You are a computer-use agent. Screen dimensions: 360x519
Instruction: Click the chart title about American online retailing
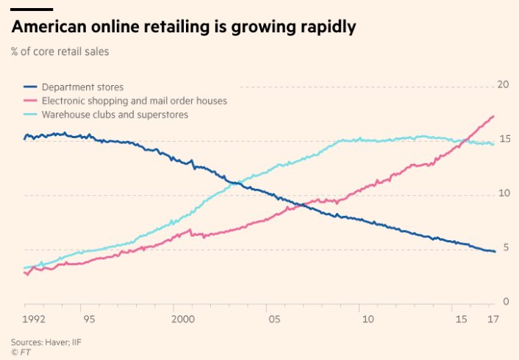[x=184, y=28]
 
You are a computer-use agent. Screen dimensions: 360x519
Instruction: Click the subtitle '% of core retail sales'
[x=60, y=51]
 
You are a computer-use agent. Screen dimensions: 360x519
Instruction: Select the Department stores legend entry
[x=82, y=87]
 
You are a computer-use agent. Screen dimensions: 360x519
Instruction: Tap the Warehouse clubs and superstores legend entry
[x=115, y=115]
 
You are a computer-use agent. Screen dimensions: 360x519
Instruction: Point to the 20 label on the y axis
[x=503, y=84]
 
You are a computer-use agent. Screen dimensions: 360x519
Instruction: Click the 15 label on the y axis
[x=503, y=139]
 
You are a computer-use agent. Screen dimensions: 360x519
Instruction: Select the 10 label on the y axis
[x=503, y=193]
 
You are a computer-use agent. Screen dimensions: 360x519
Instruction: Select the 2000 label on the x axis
[x=182, y=320]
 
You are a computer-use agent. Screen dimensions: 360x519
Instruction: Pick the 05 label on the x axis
[x=274, y=320]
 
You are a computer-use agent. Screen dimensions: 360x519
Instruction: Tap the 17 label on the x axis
[x=492, y=320]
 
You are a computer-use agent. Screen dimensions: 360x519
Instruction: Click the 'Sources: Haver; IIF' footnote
[x=46, y=342]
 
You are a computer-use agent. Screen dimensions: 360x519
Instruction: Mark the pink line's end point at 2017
[x=493, y=116]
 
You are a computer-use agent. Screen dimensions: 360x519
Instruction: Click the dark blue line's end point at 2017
[x=494, y=251]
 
